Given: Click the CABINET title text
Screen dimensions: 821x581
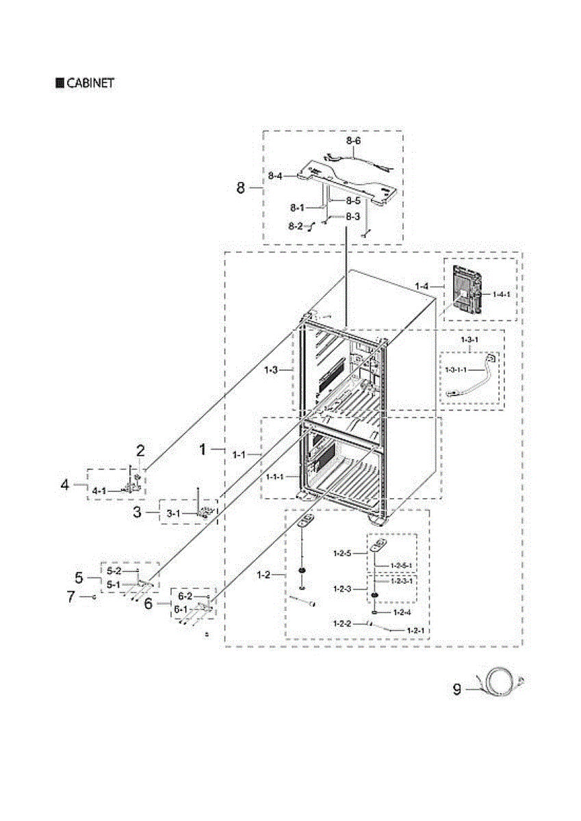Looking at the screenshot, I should pos(90,83).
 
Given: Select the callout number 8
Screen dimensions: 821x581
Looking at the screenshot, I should pos(240,187).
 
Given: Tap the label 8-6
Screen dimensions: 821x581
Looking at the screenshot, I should pos(352,140).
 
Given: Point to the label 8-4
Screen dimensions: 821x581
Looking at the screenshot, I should pos(275,176).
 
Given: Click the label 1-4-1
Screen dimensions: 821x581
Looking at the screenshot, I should pos(502,294).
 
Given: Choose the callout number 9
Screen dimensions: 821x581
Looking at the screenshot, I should pos(456,690).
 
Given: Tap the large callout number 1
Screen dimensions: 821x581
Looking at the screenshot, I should pos(203,449).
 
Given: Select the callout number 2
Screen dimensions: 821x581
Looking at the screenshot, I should pos(140,450).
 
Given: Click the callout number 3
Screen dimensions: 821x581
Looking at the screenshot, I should pos(137,512).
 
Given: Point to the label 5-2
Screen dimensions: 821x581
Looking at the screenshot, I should pos(114,571).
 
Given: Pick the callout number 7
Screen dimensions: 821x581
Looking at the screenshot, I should pos(70,597).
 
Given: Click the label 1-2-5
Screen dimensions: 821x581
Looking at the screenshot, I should pos(343,553).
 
